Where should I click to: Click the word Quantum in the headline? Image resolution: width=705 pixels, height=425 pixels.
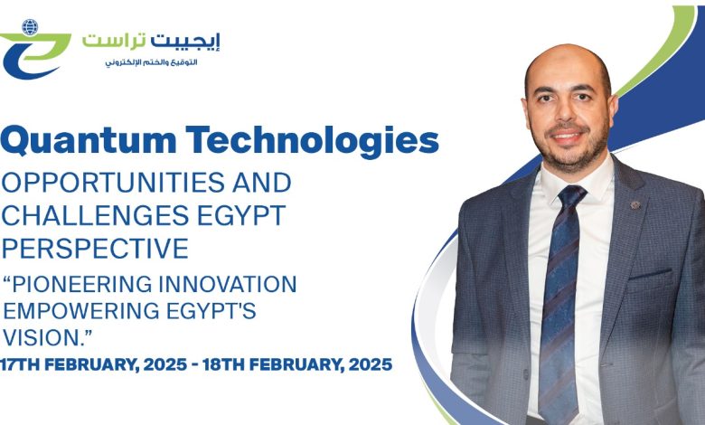[89, 140]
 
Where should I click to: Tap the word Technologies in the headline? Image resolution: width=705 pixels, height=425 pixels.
[312, 139]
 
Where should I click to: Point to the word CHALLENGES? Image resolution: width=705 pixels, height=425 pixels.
[95, 215]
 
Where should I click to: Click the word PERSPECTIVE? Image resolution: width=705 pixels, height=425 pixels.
[95, 249]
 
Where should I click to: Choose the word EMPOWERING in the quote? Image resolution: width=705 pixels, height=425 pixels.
[81, 311]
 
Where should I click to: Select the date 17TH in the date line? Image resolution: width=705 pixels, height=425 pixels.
[19, 364]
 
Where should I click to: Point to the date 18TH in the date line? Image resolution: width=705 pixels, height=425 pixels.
[222, 364]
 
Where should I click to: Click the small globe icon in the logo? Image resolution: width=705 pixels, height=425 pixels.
[30, 27]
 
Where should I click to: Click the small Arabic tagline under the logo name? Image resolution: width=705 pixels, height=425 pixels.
[152, 62]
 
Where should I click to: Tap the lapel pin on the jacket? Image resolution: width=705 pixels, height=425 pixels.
[634, 205]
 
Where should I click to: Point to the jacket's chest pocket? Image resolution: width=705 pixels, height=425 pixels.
[650, 275]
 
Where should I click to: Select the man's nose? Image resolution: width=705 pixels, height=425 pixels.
[567, 111]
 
